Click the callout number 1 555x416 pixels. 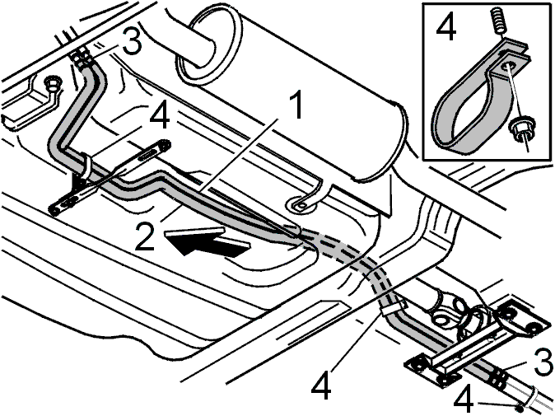point(296,105)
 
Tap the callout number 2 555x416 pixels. point(145,237)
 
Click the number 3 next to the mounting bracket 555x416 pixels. point(543,362)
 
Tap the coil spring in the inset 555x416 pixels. point(497,22)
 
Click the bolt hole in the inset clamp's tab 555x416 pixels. point(508,66)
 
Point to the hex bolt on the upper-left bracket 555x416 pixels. point(52,83)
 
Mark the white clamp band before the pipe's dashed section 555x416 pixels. point(86,165)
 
